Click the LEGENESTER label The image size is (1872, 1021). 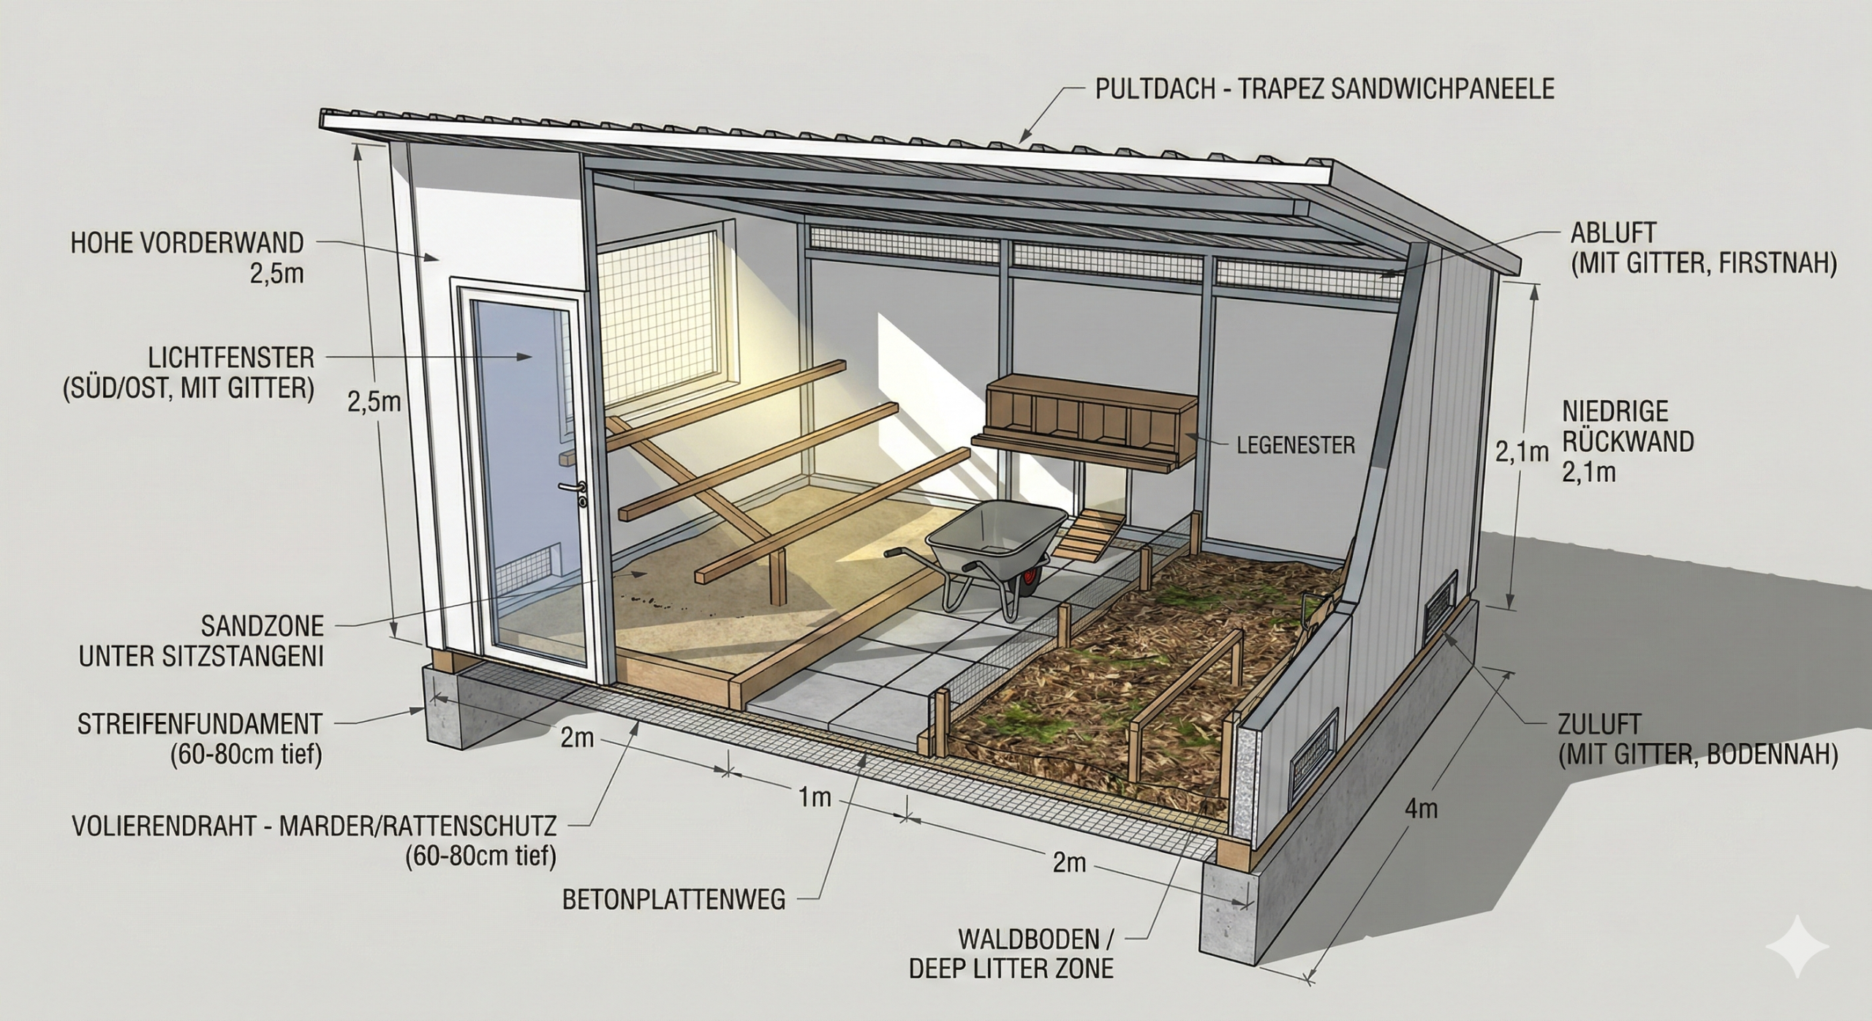[x=1296, y=445]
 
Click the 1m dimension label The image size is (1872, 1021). [x=815, y=796]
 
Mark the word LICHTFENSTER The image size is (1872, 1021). [x=231, y=358]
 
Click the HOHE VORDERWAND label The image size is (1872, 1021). [x=186, y=243]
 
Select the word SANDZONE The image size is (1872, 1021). [x=262, y=626]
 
